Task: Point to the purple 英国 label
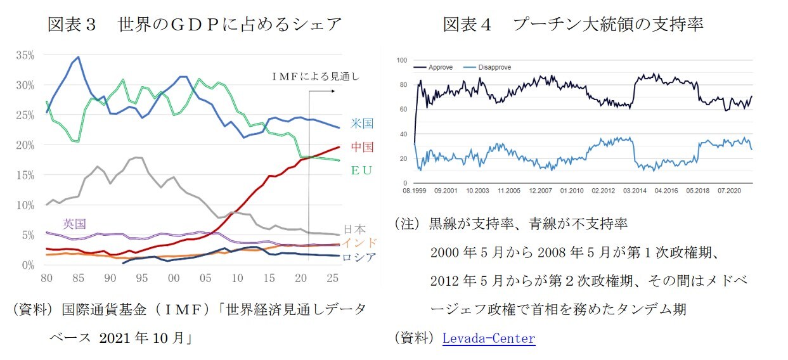point(74,224)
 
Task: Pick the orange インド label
point(359,243)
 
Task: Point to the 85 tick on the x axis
point(78,278)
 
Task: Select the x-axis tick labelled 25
point(333,278)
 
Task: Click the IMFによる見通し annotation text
point(316,77)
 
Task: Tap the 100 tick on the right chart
point(402,60)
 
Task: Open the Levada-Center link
point(488,338)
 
